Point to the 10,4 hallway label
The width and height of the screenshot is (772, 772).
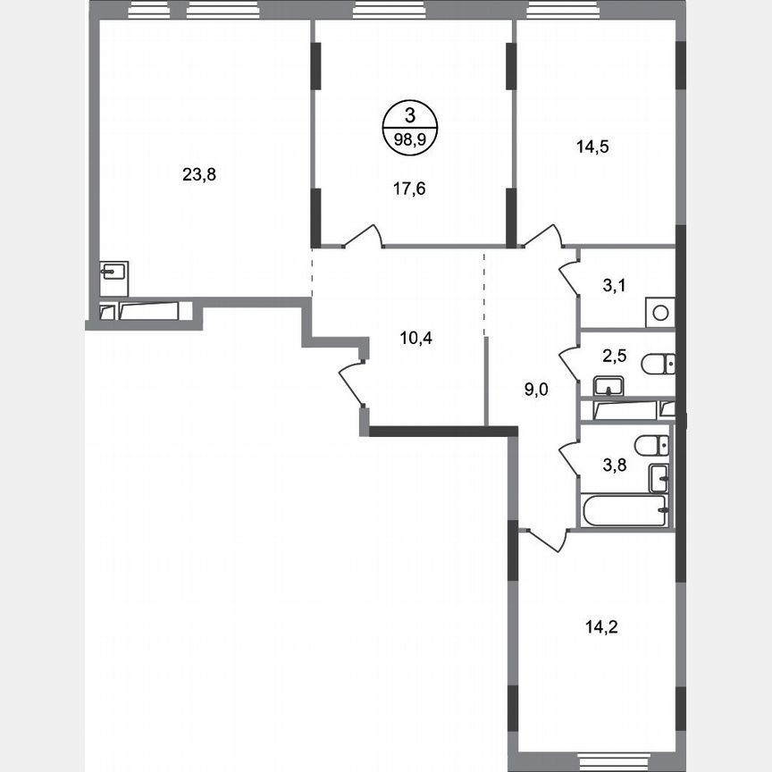click(x=415, y=338)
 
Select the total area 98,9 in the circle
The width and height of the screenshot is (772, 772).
click(x=409, y=138)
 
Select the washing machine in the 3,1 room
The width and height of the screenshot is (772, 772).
click(x=659, y=313)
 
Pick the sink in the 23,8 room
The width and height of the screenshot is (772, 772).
click(x=113, y=272)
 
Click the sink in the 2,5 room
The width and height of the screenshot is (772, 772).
click(x=609, y=387)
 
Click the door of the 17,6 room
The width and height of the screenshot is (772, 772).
click(x=363, y=236)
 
